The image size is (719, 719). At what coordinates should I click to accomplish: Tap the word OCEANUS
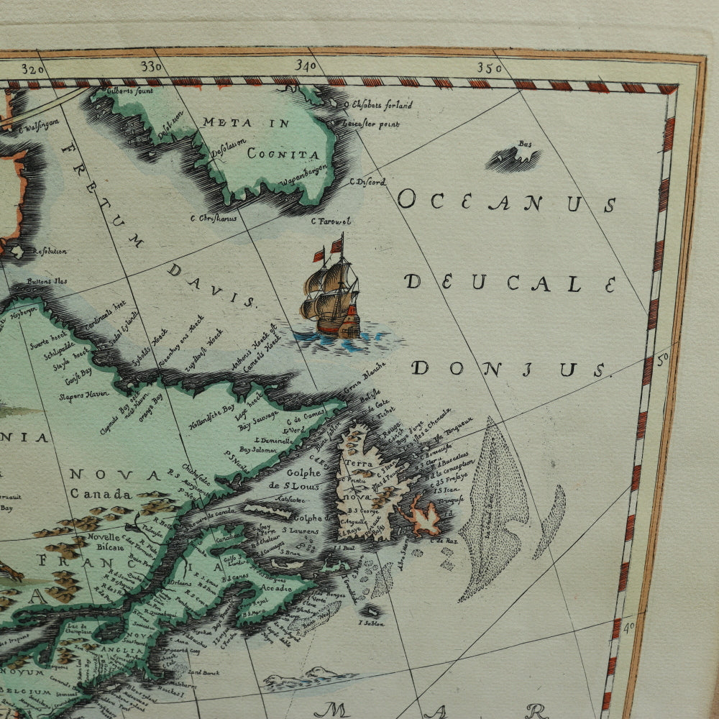(506, 202)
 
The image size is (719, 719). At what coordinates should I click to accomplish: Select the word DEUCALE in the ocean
(510, 283)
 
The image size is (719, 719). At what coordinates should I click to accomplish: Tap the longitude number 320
(33, 69)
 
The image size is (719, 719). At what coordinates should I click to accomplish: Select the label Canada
(101, 495)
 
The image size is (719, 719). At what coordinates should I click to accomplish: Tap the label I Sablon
(371, 623)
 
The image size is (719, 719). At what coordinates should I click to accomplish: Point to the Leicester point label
(375, 124)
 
